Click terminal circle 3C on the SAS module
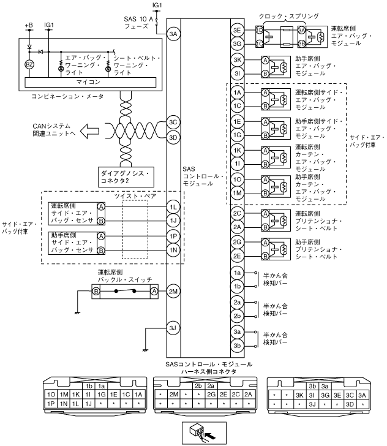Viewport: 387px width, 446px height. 173,122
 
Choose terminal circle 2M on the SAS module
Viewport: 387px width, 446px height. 173,290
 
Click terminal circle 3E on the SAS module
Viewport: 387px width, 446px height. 238,30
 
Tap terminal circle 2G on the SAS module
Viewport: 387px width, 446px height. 238,243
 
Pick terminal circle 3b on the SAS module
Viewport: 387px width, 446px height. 238,346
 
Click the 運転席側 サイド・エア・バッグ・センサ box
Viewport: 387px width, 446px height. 72,213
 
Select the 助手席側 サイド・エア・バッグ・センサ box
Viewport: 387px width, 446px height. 72,242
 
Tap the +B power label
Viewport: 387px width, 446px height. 28,25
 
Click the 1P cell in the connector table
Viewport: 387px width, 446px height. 51,404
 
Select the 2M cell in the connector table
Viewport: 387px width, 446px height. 173,395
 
